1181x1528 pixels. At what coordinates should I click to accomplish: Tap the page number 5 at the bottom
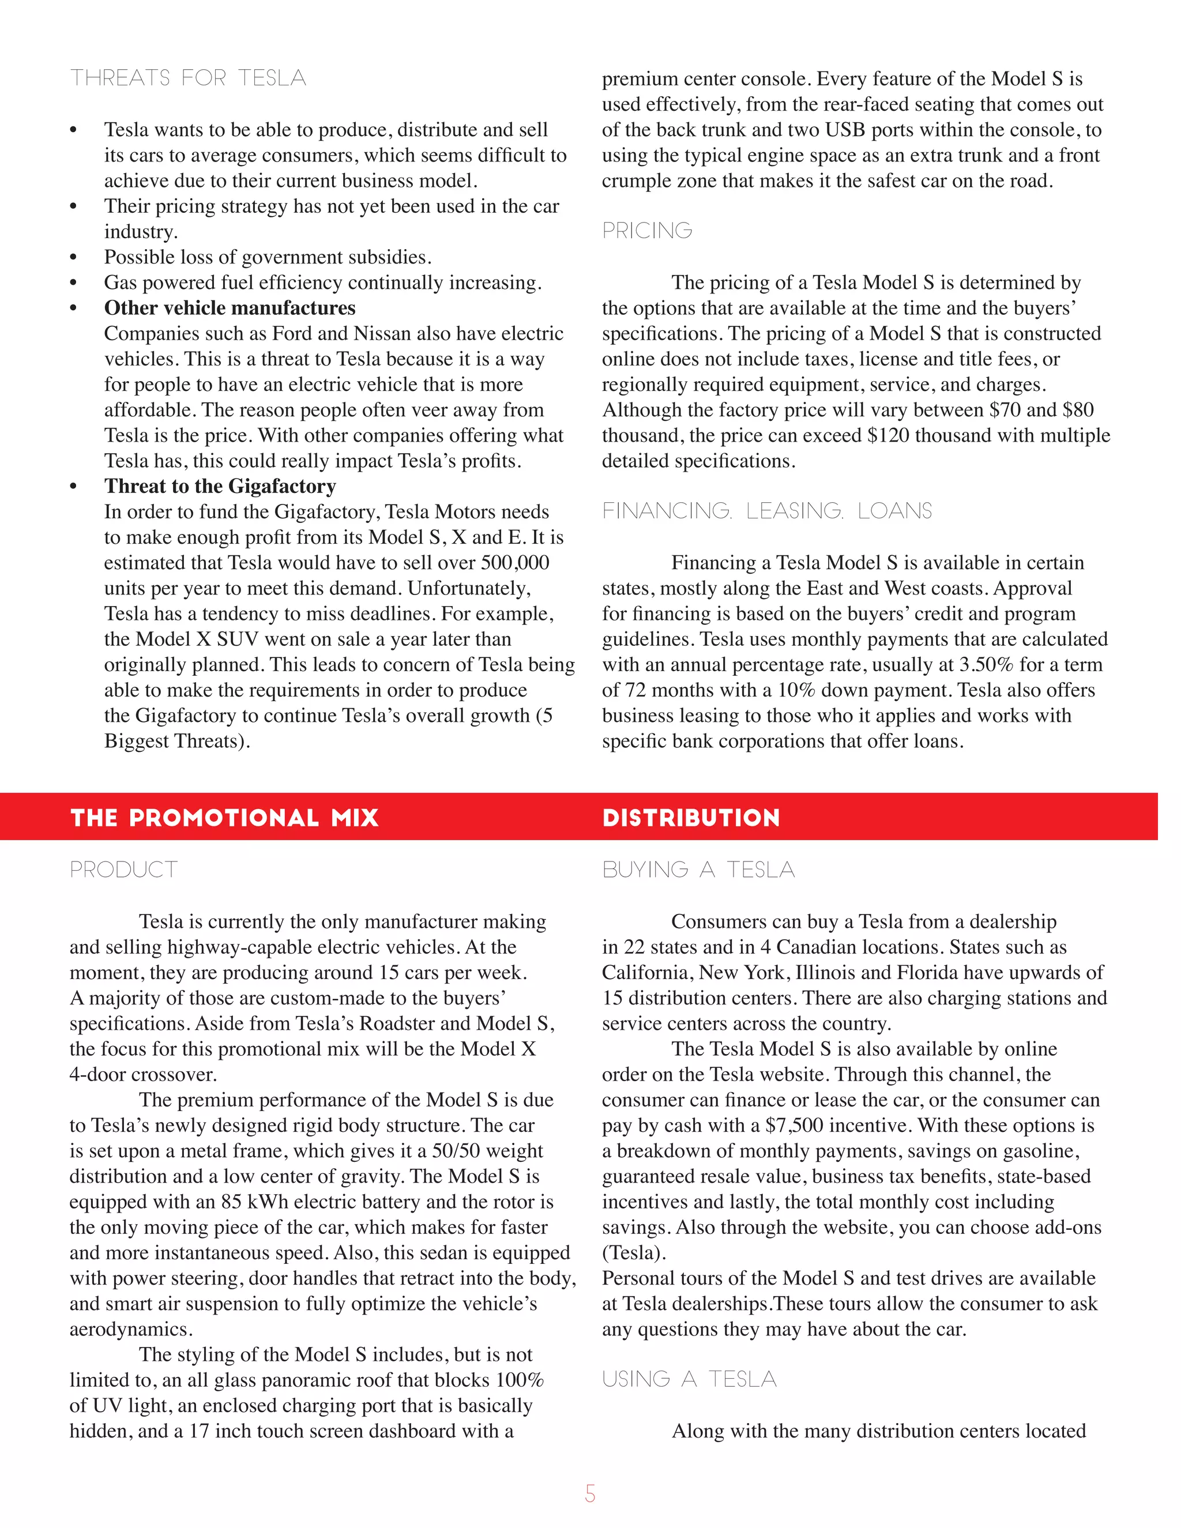pyautogui.click(x=590, y=1494)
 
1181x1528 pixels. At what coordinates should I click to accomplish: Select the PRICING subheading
pyautogui.click(x=647, y=231)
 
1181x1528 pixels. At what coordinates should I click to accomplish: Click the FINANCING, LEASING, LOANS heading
pyautogui.click(x=767, y=511)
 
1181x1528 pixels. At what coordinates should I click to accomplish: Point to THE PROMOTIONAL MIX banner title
pyautogui.click(x=224, y=818)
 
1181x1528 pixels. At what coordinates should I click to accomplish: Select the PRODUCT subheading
pyautogui.click(x=124, y=870)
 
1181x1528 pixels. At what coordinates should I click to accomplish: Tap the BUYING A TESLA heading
pyautogui.click(x=698, y=870)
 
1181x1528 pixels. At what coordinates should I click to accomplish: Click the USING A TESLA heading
pyautogui.click(x=689, y=1379)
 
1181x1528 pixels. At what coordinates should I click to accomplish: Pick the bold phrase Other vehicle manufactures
pyautogui.click(x=230, y=308)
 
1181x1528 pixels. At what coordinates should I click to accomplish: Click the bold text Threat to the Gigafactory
pyautogui.click(x=220, y=486)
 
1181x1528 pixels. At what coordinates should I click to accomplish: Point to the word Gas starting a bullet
pyautogui.click(x=119, y=283)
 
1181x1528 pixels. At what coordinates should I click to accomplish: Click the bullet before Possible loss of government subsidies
pyautogui.click(x=73, y=258)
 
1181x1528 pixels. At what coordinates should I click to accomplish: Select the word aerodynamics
pyautogui.click(x=131, y=1329)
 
